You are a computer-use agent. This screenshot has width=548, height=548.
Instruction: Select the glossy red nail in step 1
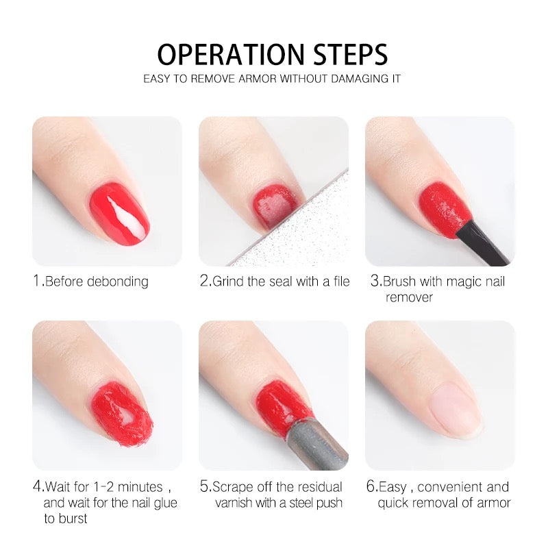tap(120, 213)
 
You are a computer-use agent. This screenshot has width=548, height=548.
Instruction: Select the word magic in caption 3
tap(464, 282)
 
